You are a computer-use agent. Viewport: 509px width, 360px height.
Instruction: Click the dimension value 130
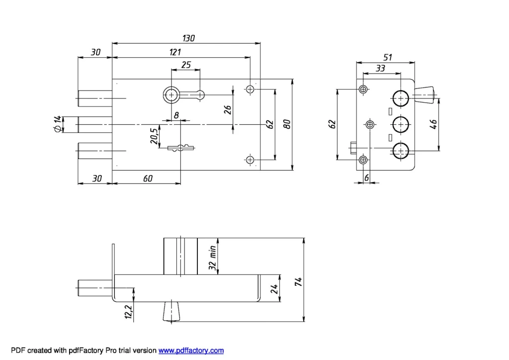pyautogui.click(x=188, y=38)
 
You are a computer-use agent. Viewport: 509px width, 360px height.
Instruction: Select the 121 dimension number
pyautogui.click(x=175, y=52)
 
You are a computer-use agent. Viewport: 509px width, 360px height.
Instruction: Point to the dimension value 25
pyautogui.click(x=186, y=65)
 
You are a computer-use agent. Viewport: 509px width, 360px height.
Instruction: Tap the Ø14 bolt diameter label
pyautogui.click(x=58, y=124)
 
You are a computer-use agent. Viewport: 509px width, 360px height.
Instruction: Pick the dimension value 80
pyautogui.click(x=287, y=124)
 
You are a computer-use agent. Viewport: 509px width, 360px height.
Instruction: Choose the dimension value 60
pyautogui.click(x=148, y=179)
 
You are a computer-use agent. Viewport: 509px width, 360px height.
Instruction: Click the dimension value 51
pyautogui.click(x=387, y=58)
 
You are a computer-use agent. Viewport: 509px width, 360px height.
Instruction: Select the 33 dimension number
pyautogui.click(x=380, y=69)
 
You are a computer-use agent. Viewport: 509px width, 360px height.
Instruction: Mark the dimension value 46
pyautogui.click(x=433, y=124)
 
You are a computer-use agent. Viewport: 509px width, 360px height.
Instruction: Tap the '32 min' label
pyautogui.click(x=212, y=258)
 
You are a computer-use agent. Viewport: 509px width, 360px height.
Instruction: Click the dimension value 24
pyautogui.click(x=274, y=288)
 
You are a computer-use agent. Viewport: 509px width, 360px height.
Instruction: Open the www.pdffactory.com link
pyautogui.click(x=191, y=351)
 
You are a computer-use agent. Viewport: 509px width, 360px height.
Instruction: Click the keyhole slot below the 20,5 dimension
pyautogui.click(x=180, y=147)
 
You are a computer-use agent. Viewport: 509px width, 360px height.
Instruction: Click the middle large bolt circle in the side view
pyautogui.click(x=401, y=123)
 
